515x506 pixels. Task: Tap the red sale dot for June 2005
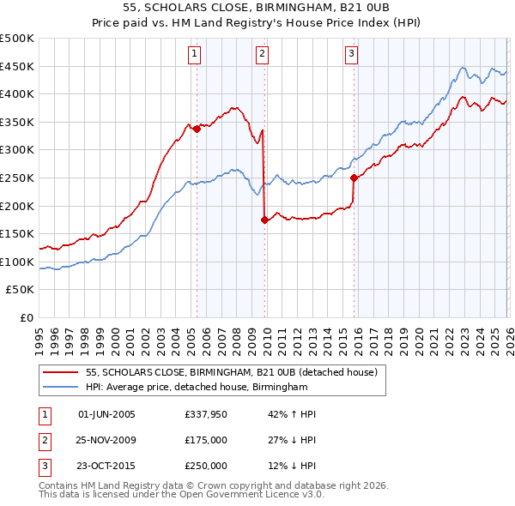pos(197,129)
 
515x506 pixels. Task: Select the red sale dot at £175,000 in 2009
pos(264,220)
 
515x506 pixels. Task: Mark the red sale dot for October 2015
pos(354,178)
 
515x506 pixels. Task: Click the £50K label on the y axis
pos(21,290)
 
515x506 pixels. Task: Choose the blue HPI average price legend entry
pos(197,388)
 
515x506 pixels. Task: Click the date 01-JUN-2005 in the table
pos(106,414)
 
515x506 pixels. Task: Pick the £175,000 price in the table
pos(206,440)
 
